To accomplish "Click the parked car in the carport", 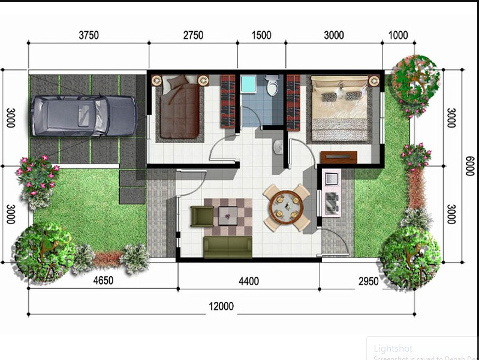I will tap(84, 114).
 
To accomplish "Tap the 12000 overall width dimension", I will tap(221, 307).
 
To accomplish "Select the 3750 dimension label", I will tap(88, 35).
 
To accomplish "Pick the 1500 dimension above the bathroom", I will tap(261, 35).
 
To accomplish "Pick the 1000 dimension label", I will tap(398, 35).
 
